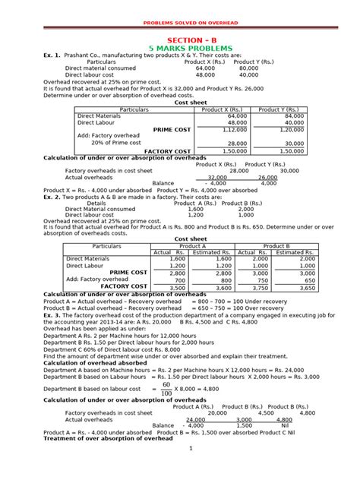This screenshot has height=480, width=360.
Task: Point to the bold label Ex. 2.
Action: (52, 197)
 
